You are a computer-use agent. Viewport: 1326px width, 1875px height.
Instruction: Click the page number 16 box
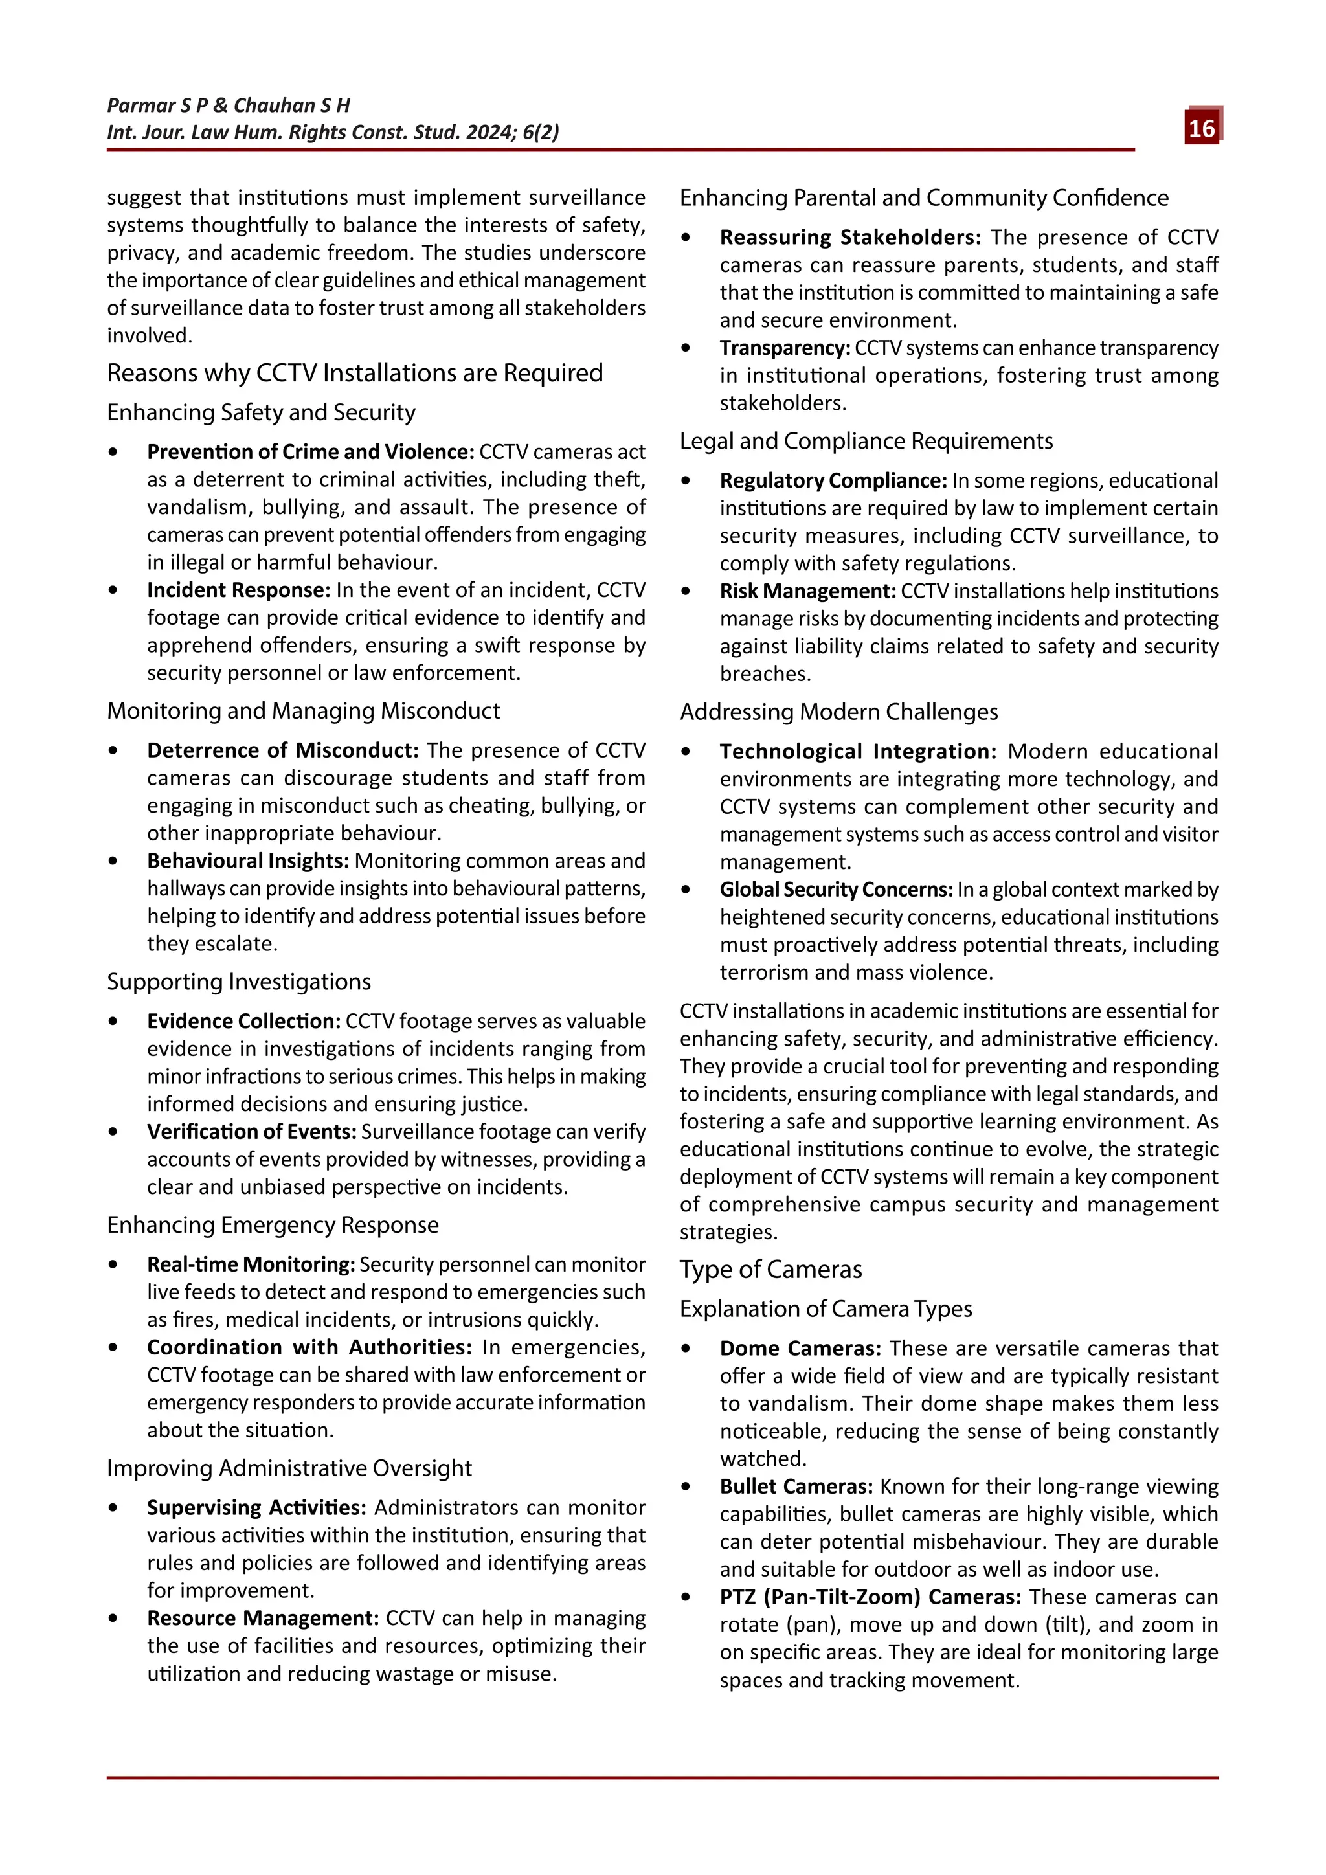1201,128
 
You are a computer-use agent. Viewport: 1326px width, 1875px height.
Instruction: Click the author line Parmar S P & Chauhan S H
229,106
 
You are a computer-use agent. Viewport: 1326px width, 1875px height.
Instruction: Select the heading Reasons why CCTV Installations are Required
354,373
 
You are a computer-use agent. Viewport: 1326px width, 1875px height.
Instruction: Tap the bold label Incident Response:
238,590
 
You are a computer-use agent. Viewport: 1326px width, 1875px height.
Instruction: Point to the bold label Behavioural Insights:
247,860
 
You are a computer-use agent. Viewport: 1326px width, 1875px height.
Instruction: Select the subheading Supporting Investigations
238,982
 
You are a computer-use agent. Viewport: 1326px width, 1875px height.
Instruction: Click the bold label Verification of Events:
251,1132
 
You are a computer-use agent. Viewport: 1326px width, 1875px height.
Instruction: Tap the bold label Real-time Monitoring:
251,1264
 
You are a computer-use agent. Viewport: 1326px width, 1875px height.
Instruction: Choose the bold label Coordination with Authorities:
309,1347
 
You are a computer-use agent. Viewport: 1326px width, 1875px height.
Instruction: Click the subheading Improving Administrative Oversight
289,1468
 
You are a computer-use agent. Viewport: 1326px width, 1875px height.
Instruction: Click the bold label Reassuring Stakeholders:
850,238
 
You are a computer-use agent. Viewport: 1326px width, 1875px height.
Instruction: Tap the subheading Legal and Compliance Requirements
866,442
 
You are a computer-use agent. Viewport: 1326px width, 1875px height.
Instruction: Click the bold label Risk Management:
807,591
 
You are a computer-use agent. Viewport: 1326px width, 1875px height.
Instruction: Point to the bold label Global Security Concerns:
836,890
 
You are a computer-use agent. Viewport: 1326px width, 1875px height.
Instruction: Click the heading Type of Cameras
770,1270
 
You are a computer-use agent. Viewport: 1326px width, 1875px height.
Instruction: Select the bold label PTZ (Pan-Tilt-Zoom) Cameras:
870,1597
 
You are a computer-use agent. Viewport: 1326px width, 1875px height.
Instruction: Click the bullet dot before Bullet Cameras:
686,1487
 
